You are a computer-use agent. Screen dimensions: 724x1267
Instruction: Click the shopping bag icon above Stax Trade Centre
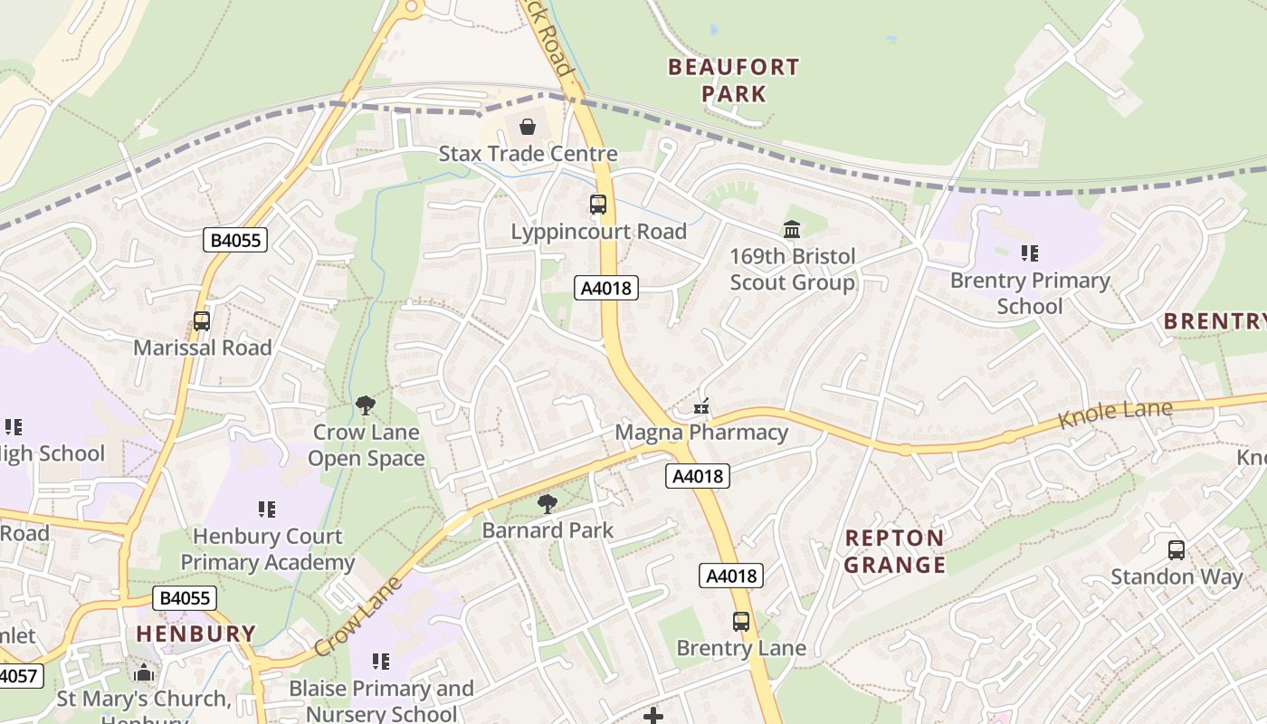coord(527,127)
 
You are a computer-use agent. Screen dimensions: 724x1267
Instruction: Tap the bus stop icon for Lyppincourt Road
coord(598,205)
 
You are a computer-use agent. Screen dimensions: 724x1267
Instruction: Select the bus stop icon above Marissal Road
coord(202,321)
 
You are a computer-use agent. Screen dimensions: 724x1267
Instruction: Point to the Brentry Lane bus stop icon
coord(741,622)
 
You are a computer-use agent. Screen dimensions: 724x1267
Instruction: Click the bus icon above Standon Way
coord(1176,549)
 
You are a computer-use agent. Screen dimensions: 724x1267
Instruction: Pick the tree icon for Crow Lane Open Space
coord(366,405)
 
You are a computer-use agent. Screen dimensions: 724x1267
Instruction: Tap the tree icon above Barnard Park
coord(547,504)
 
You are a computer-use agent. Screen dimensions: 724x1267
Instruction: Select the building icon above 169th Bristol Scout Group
coord(792,229)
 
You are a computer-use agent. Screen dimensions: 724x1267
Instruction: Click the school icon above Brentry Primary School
coord(1029,253)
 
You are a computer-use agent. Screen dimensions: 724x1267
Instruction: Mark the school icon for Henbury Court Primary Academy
coord(266,510)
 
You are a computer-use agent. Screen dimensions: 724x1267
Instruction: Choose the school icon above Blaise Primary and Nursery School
coord(381,662)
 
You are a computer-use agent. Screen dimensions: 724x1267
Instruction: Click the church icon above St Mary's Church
coord(143,672)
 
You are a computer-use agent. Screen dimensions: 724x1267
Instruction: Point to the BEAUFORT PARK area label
coord(733,80)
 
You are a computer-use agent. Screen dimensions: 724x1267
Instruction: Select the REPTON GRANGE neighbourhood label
coord(895,551)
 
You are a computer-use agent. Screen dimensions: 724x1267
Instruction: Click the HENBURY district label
coord(196,633)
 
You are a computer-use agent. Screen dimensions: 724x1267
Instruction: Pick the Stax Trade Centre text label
coord(528,154)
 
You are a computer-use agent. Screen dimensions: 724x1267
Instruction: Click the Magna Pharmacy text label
coord(701,432)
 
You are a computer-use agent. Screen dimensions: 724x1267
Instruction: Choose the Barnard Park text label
coord(548,530)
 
